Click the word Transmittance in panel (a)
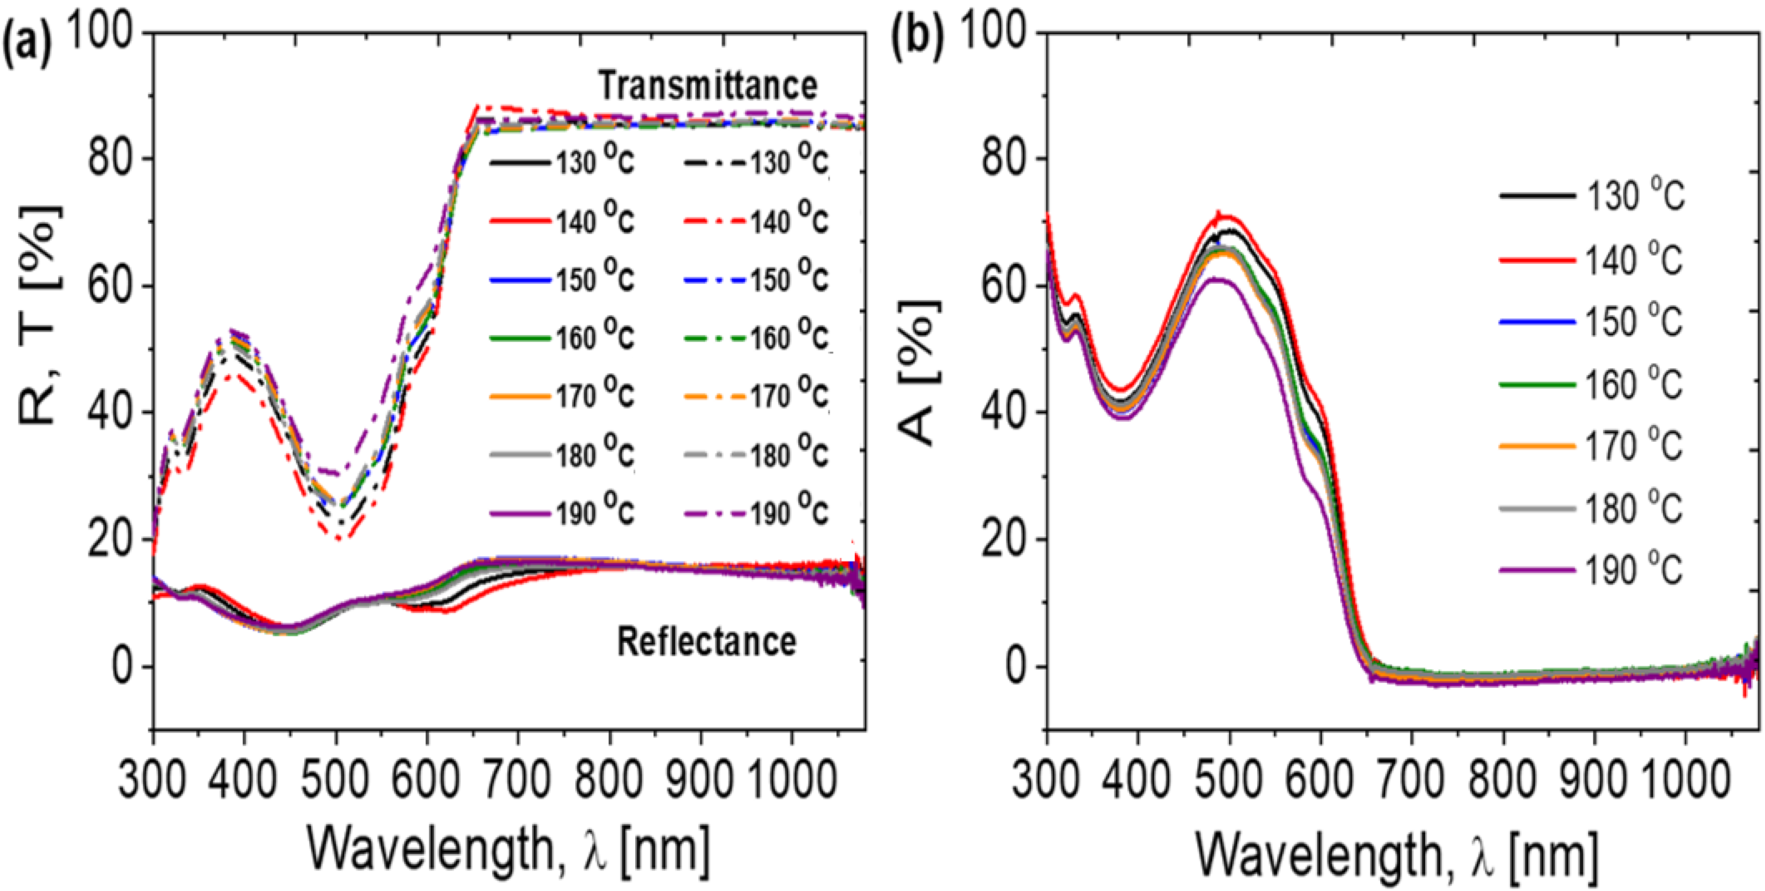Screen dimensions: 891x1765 pos(708,86)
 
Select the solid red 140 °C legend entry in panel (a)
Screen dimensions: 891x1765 pos(562,221)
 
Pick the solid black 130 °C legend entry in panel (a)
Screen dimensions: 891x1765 pos(562,162)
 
